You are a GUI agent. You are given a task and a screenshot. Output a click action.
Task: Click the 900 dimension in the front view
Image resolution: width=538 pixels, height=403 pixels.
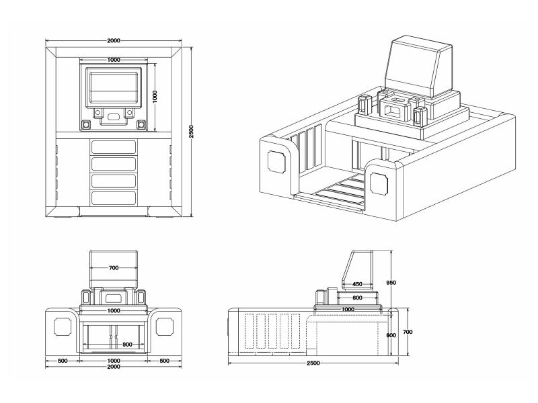(113, 345)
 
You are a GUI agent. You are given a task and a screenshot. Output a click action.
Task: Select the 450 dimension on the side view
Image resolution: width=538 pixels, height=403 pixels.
(358, 284)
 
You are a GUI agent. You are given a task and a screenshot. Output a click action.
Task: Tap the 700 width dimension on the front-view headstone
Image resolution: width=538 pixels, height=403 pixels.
(113, 268)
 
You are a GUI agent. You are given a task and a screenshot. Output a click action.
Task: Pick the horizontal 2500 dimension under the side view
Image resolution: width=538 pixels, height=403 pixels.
(313, 363)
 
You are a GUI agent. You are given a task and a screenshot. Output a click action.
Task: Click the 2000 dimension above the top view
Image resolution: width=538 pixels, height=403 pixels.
(114, 41)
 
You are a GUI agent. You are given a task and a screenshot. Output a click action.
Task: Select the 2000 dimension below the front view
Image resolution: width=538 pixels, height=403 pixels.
(113, 367)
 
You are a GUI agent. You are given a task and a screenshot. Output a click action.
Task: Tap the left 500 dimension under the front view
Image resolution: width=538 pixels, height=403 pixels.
(63, 361)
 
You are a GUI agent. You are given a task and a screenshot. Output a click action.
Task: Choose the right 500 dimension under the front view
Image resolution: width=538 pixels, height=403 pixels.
(164, 361)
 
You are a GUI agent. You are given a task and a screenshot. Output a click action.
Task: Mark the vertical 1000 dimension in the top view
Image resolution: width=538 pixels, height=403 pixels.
(154, 94)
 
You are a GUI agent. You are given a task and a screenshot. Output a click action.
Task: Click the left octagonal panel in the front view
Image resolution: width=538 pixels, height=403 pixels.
(63, 326)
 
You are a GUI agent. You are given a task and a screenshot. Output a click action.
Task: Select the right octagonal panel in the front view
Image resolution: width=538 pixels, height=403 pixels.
(164, 326)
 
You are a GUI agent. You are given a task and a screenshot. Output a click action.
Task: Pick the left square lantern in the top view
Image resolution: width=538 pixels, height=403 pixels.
(85, 124)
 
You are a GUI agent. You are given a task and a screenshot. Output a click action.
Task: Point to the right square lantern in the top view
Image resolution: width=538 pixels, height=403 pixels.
(141, 124)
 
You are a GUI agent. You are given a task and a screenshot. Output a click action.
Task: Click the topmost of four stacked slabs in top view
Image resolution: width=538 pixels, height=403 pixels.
(114, 146)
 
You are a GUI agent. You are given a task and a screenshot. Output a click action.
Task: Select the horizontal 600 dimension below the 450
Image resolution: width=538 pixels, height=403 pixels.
(357, 298)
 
